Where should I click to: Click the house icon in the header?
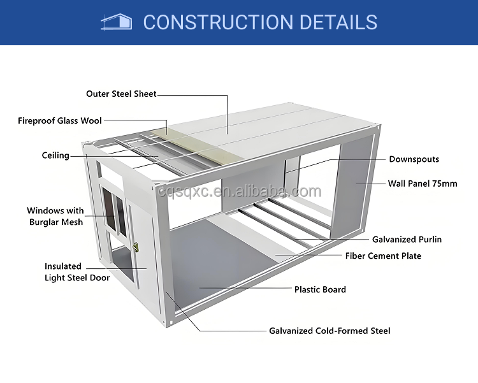(117, 22)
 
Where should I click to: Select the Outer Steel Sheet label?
(121, 94)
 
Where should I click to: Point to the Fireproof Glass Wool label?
(60, 120)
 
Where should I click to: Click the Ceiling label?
(55, 155)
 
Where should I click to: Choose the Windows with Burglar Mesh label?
(55, 216)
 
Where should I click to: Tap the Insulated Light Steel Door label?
(76, 272)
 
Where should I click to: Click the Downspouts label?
(414, 159)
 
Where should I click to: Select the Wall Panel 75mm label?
(423, 184)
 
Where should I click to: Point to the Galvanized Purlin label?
(407, 240)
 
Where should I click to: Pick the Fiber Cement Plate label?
(383, 256)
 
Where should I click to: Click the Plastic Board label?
(320, 289)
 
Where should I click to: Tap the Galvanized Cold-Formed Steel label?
(330, 331)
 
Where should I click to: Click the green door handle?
(135, 247)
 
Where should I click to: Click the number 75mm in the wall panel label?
(445, 184)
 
